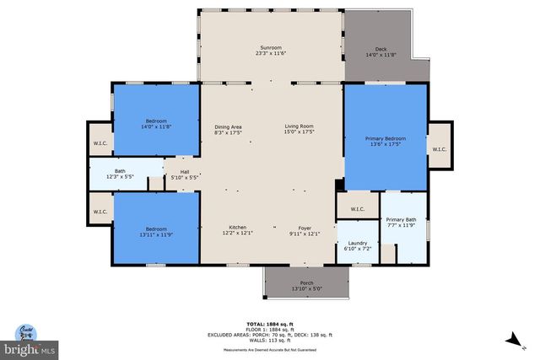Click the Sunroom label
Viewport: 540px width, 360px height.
pos(271,48)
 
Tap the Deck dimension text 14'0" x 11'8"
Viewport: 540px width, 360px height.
pos(381,56)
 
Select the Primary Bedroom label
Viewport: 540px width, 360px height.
pos(385,138)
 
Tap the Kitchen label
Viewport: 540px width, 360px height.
pos(238,228)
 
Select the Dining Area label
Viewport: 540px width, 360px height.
pos(229,126)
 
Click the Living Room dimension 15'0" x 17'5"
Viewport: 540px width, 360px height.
pos(298,132)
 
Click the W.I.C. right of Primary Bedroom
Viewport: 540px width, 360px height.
pos(439,150)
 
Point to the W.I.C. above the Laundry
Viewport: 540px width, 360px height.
pos(356,208)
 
